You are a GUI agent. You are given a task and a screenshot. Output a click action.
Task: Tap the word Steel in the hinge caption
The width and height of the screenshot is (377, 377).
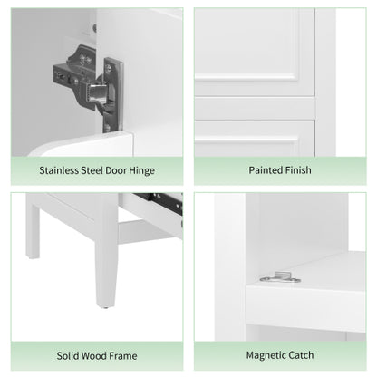coord(94,170)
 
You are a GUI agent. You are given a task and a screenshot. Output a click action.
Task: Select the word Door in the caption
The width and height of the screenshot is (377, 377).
coord(121,170)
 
